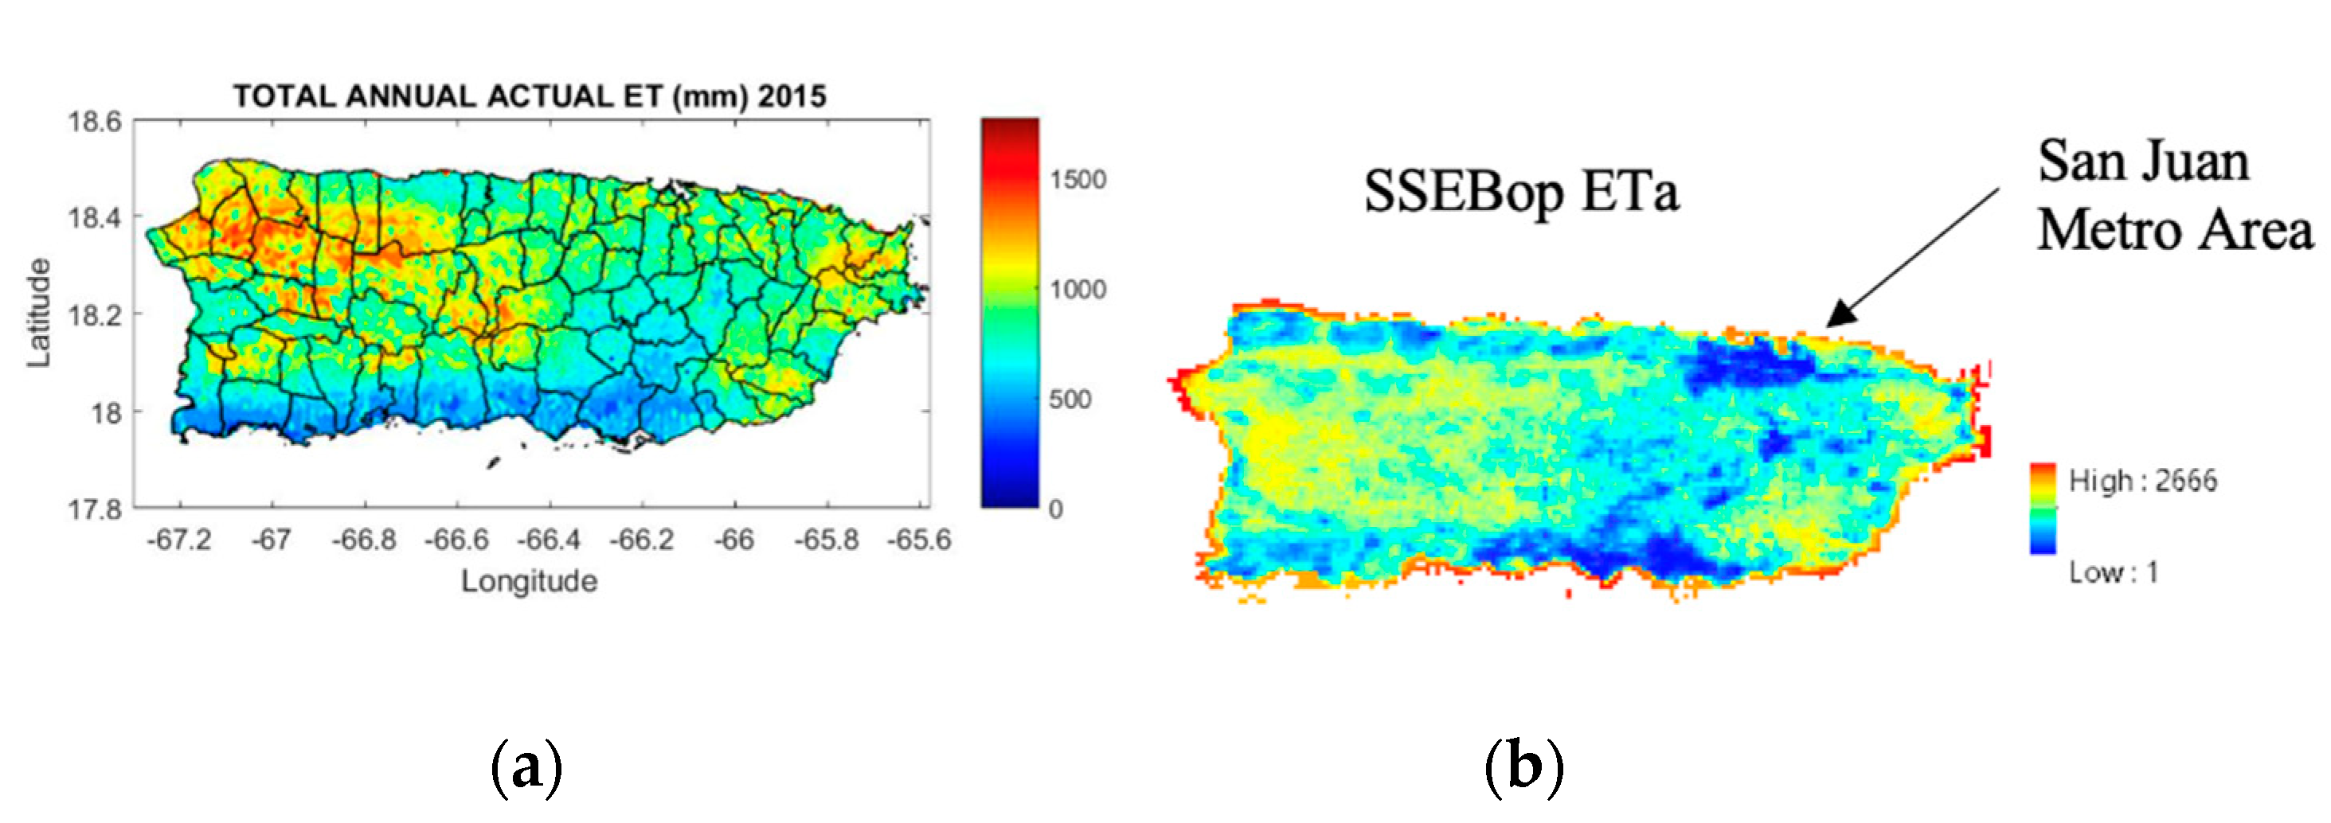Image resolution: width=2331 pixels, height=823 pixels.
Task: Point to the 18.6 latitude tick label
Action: click(94, 121)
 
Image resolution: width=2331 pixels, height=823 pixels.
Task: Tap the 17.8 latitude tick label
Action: click(94, 509)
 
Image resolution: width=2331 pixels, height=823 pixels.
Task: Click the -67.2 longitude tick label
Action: click(179, 540)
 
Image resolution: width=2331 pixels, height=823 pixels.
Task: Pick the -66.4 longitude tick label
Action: click(549, 540)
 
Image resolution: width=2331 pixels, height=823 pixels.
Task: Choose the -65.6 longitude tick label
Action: click(919, 540)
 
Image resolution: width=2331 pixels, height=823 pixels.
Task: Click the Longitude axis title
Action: click(530, 580)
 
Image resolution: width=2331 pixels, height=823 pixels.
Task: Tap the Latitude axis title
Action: click(38, 313)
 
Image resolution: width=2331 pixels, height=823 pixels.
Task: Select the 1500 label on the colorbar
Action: click(1078, 179)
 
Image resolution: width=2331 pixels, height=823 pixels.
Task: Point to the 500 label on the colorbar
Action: click(1070, 399)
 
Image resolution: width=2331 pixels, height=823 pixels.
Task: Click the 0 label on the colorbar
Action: click(1055, 509)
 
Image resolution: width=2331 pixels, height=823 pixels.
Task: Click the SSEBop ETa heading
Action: click(1521, 192)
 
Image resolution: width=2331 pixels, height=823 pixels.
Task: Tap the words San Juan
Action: click(2143, 163)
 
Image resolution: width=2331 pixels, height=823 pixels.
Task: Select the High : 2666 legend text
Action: click(2142, 480)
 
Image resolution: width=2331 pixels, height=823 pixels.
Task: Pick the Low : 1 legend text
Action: click(2113, 571)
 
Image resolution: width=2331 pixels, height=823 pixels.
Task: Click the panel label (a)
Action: click(526, 767)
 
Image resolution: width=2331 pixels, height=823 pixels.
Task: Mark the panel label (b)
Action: click(1523, 767)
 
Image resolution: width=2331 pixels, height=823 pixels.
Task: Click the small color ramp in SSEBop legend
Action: click(2043, 509)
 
